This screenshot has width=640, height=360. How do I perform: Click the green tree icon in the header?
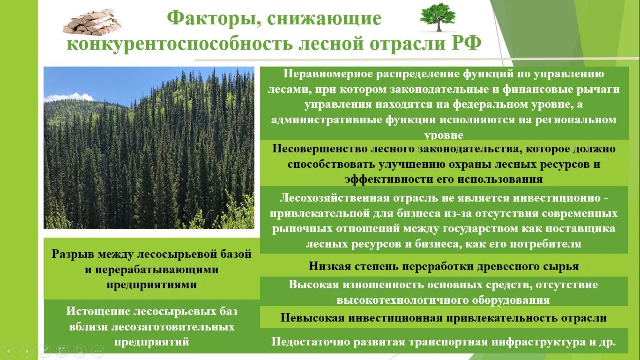pos(438,17)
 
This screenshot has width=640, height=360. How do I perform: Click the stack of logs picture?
pos(92,22)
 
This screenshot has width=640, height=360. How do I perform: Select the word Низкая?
pos(330,267)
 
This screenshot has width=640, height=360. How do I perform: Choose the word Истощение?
pos(97,312)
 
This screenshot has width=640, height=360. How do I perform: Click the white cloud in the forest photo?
pos(69,97)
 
